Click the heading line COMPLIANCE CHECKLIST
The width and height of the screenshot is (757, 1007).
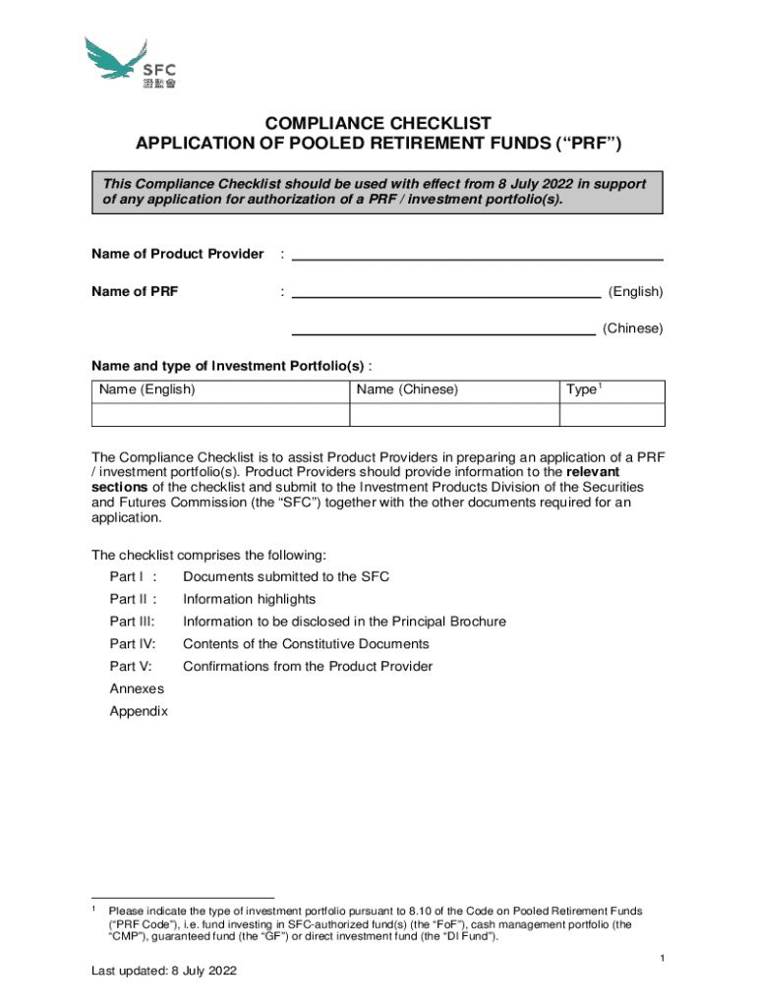coord(378,123)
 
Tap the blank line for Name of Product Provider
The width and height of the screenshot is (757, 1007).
coord(477,255)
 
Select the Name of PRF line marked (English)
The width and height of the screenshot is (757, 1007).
coord(446,291)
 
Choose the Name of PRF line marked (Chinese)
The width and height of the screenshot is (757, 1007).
coord(442,329)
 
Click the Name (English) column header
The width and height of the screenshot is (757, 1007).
coord(147,389)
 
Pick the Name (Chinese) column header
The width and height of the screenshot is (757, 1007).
coord(407,389)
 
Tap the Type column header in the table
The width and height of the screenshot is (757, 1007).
coord(583,389)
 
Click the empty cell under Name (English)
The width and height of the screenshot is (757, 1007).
coord(220,414)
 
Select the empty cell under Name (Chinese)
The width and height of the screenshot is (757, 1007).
coord(454,414)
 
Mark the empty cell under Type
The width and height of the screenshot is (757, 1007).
coord(611,414)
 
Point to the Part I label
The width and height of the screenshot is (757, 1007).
coord(128,576)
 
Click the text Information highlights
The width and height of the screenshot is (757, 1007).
coord(249,599)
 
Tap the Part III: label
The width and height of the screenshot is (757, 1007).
coord(132,622)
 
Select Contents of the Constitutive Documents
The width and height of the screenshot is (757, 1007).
coord(306,644)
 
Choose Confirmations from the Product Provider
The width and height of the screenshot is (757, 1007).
coord(307,667)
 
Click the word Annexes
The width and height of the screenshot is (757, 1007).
coord(137,688)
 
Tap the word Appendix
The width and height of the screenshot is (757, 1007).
coord(139,711)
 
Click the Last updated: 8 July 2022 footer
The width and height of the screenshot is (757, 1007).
coord(164,972)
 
